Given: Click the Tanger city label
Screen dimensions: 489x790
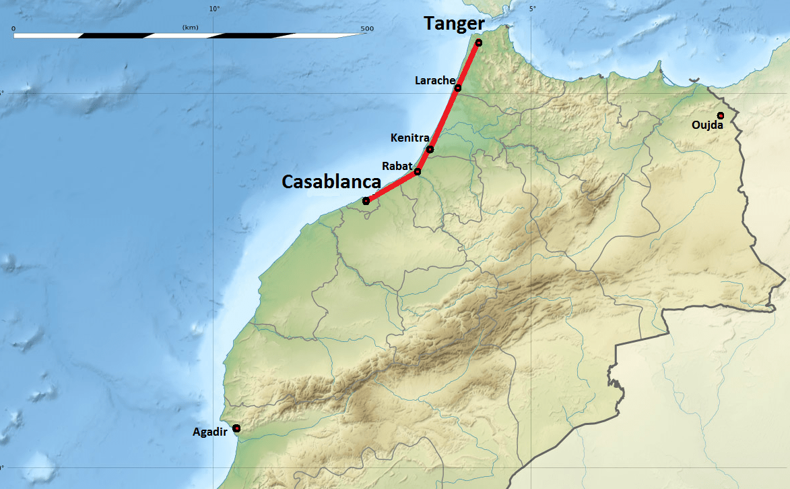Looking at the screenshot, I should (x=454, y=24).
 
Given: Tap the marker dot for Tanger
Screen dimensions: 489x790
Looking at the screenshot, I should (x=479, y=42).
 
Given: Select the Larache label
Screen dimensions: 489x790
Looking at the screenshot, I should (x=434, y=80).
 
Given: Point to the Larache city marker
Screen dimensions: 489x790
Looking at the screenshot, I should (x=458, y=88).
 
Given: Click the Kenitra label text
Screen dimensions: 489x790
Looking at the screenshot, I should (x=409, y=138).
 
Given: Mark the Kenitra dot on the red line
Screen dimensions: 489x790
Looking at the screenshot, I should (x=430, y=149).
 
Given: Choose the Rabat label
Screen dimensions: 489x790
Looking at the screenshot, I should (x=397, y=165).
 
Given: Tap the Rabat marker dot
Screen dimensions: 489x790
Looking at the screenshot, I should (x=418, y=171).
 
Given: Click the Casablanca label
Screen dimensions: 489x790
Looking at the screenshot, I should (x=331, y=181).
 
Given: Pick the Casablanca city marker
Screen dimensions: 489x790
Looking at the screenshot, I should (x=366, y=201).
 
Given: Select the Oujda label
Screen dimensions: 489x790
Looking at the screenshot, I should (x=707, y=125).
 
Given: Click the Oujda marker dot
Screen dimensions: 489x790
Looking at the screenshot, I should (x=721, y=115).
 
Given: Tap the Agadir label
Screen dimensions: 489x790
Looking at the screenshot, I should (x=209, y=432).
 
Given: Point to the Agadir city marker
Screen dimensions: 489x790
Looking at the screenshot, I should (x=236, y=428).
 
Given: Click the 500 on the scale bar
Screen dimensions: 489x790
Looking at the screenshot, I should (x=367, y=28).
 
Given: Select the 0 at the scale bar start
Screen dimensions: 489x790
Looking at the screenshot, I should (x=13, y=28).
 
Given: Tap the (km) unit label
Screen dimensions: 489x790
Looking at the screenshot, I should (x=189, y=27).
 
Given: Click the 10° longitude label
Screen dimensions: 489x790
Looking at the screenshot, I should (x=215, y=8).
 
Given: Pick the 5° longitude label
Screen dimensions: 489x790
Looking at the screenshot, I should (x=532, y=8).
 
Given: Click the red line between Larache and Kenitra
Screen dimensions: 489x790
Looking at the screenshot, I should (x=445, y=118).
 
